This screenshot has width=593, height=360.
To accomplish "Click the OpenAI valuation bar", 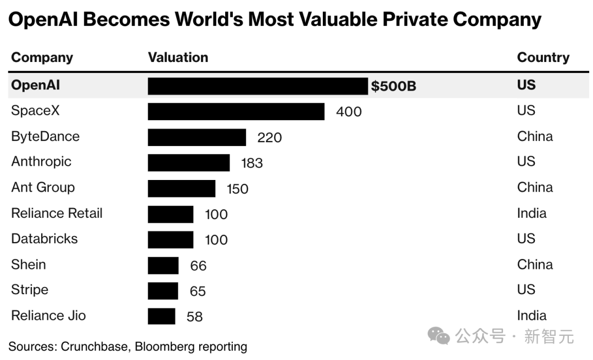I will pyautogui.click(x=258, y=86).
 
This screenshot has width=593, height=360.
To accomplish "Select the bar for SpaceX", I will pyautogui.click(x=236, y=111).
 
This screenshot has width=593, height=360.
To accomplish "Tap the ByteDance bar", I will pyautogui.click(x=197, y=137).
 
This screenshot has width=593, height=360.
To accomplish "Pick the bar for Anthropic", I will pyautogui.click(x=188, y=162).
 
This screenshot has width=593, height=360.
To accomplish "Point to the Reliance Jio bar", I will pyautogui.click(x=161, y=316).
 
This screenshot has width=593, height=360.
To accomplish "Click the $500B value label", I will pyautogui.click(x=393, y=86).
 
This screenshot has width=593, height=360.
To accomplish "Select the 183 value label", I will pyautogui.click(x=252, y=163).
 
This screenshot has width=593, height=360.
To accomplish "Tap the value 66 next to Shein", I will pyautogui.click(x=198, y=266).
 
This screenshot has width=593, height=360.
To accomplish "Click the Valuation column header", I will pyautogui.click(x=178, y=58).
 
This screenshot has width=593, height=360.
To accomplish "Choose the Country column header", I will pyautogui.click(x=543, y=58).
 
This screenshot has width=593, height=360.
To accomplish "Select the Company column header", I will pyautogui.click(x=42, y=58).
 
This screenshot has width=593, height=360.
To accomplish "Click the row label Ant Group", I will pyautogui.click(x=43, y=187).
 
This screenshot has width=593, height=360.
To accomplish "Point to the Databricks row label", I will pyautogui.click(x=44, y=239).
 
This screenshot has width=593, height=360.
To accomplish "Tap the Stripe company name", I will pyautogui.click(x=30, y=290).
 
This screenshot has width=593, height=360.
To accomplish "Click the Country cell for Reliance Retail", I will pyautogui.click(x=532, y=213).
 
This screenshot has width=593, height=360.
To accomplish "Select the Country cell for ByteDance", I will pyautogui.click(x=535, y=136).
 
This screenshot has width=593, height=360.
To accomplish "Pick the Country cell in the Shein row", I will pyautogui.click(x=535, y=265).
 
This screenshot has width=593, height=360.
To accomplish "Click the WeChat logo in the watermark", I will pyautogui.click(x=439, y=335).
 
